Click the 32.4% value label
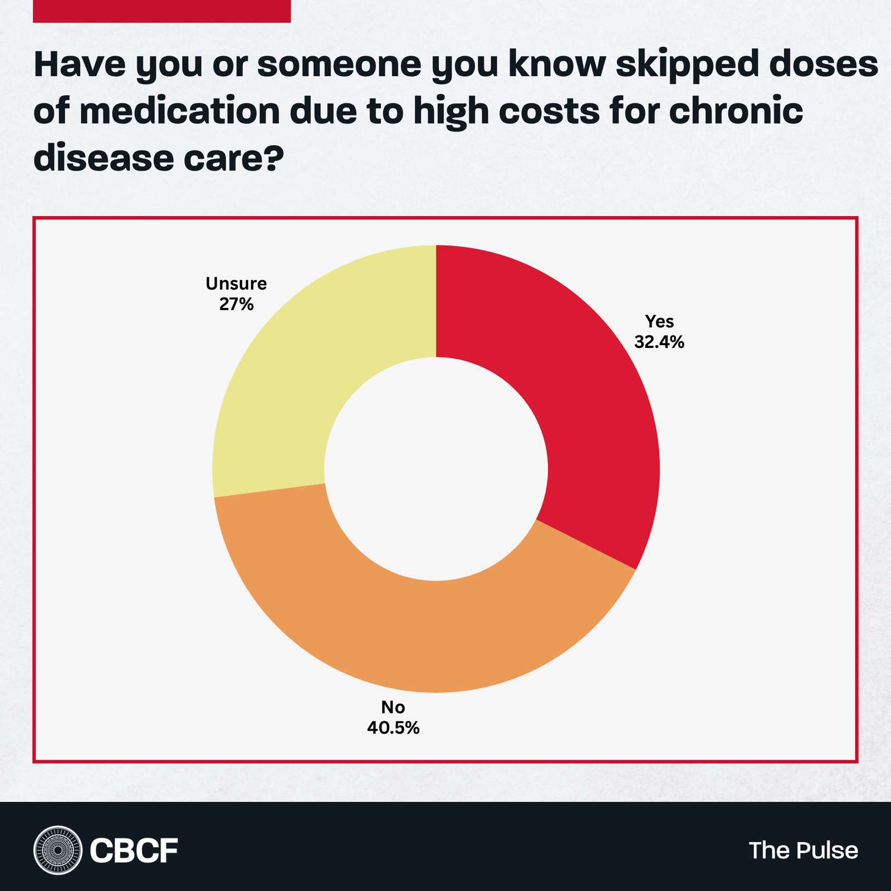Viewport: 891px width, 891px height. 659,342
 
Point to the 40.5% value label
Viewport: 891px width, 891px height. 393,727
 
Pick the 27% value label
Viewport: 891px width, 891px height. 236,304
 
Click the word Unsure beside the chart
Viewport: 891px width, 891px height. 236,284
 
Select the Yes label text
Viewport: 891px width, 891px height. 659,321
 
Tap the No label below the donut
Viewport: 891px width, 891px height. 393,707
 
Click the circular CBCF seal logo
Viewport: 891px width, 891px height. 57,850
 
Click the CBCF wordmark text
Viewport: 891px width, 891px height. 134,850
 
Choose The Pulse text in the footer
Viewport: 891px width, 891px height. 803,850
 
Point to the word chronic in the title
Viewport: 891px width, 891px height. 736,111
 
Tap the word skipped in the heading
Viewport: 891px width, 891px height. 687,66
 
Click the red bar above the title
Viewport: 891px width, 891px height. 161,11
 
